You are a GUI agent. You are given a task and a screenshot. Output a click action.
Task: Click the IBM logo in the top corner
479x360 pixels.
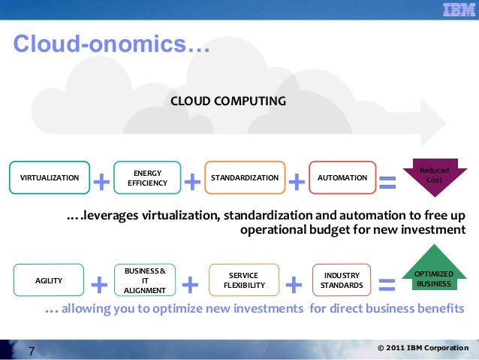pyautogui.click(x=456, y=11)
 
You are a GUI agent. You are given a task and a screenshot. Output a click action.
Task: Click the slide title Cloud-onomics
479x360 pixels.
pyautogui.click(x=111, y=45)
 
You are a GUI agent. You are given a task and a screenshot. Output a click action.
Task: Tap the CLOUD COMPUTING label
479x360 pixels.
pyautogui.click(x=228, y=100)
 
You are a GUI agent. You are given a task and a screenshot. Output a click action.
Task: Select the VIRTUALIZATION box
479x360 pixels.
pyautogui.click(x=49, y=178)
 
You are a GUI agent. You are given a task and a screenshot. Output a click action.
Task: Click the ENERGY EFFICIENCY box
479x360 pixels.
pyautogui.click(x=147, y=178)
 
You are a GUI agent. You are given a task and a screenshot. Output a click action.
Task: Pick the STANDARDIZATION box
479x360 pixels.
pyautogui.click(x=245, y=178)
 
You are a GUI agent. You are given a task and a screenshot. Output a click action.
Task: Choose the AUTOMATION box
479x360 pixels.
pyautogui.click(x=342, y=178)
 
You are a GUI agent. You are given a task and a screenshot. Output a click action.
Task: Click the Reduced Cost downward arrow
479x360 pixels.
pyautogui.click(x=435, y=176)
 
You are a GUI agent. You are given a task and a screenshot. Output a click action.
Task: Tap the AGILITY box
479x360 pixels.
pyautogui.click(x=49, y=280)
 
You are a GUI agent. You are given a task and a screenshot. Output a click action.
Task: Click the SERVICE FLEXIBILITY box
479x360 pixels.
pyautogui.click(x=244, y=280)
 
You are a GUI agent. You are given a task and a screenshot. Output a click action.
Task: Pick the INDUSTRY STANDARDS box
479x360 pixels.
pyautogui.click(x=342, y=280)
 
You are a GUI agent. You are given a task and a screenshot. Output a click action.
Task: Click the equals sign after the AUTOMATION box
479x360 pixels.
pyautogui.click(x=387, y=180)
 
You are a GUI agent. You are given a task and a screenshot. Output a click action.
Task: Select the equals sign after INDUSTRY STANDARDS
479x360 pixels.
pyautogui.click(x=387, y=284)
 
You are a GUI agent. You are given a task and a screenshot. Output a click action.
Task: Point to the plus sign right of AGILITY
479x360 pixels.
pyautogui.click(x=98, y=284)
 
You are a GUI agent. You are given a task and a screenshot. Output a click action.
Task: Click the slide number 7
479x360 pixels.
pyautogui.click(x=32, y=350)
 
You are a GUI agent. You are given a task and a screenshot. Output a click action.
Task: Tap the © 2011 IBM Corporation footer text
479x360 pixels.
pyautogui.click(x=423, y=349)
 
